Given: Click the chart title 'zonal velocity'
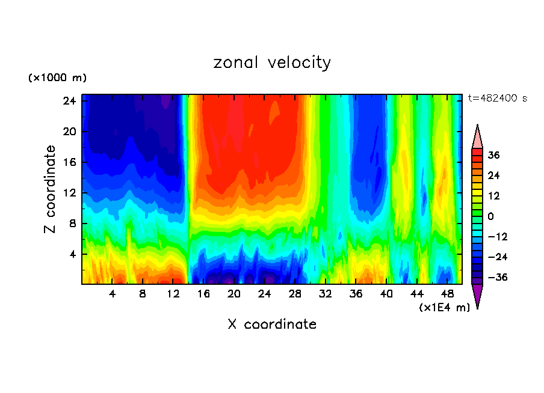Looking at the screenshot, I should click(x=272, y=62).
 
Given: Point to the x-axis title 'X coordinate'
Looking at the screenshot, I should click(x=272, y=324).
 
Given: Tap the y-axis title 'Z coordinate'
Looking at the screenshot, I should click(x=51, y=189).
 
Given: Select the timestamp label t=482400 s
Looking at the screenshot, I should click(x=497, y=98).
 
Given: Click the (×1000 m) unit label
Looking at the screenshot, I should click(x=57, y=78).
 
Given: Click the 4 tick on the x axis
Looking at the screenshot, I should click(x=112, y=294).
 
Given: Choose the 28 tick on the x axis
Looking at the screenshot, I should click(x=295, y=294).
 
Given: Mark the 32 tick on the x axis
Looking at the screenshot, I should click(x=326, y=294).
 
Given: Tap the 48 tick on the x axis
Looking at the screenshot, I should click(x=447, y=294).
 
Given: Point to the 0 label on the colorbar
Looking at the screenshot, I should click(x=491, y=216).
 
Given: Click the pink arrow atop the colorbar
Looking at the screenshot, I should click(x=477, y=136).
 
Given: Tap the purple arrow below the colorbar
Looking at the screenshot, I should click(x=477, y=296).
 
